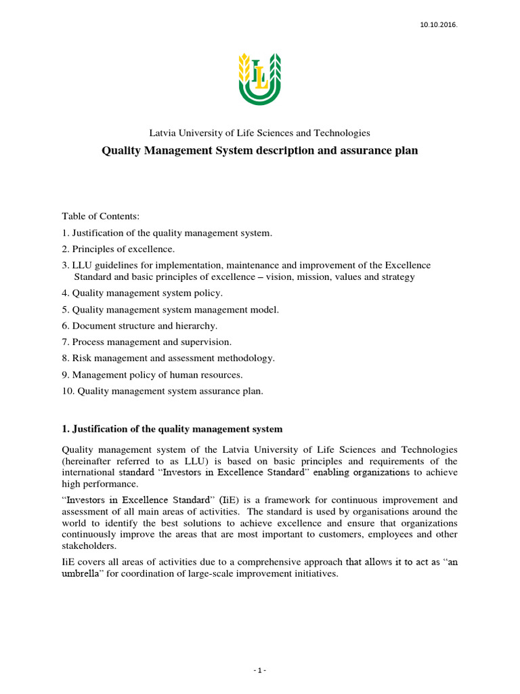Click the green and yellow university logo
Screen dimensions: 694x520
point(259,80)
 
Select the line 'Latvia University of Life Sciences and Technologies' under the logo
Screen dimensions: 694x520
point(259,133)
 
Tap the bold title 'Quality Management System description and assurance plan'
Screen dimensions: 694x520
point(259,150)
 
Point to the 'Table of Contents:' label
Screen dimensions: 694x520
point(100,216)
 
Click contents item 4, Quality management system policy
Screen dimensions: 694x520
point(142,293)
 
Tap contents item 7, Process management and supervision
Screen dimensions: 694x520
point(147,342)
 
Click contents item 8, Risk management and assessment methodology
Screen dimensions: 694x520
point(168,358)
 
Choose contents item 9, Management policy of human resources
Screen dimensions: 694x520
point(152,374)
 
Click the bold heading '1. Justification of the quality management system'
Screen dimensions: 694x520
point(172,429)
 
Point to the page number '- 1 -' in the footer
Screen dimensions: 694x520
point(260,670)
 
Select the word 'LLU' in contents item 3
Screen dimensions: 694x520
point(83,265)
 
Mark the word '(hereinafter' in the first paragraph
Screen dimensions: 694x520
point(88,460)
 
